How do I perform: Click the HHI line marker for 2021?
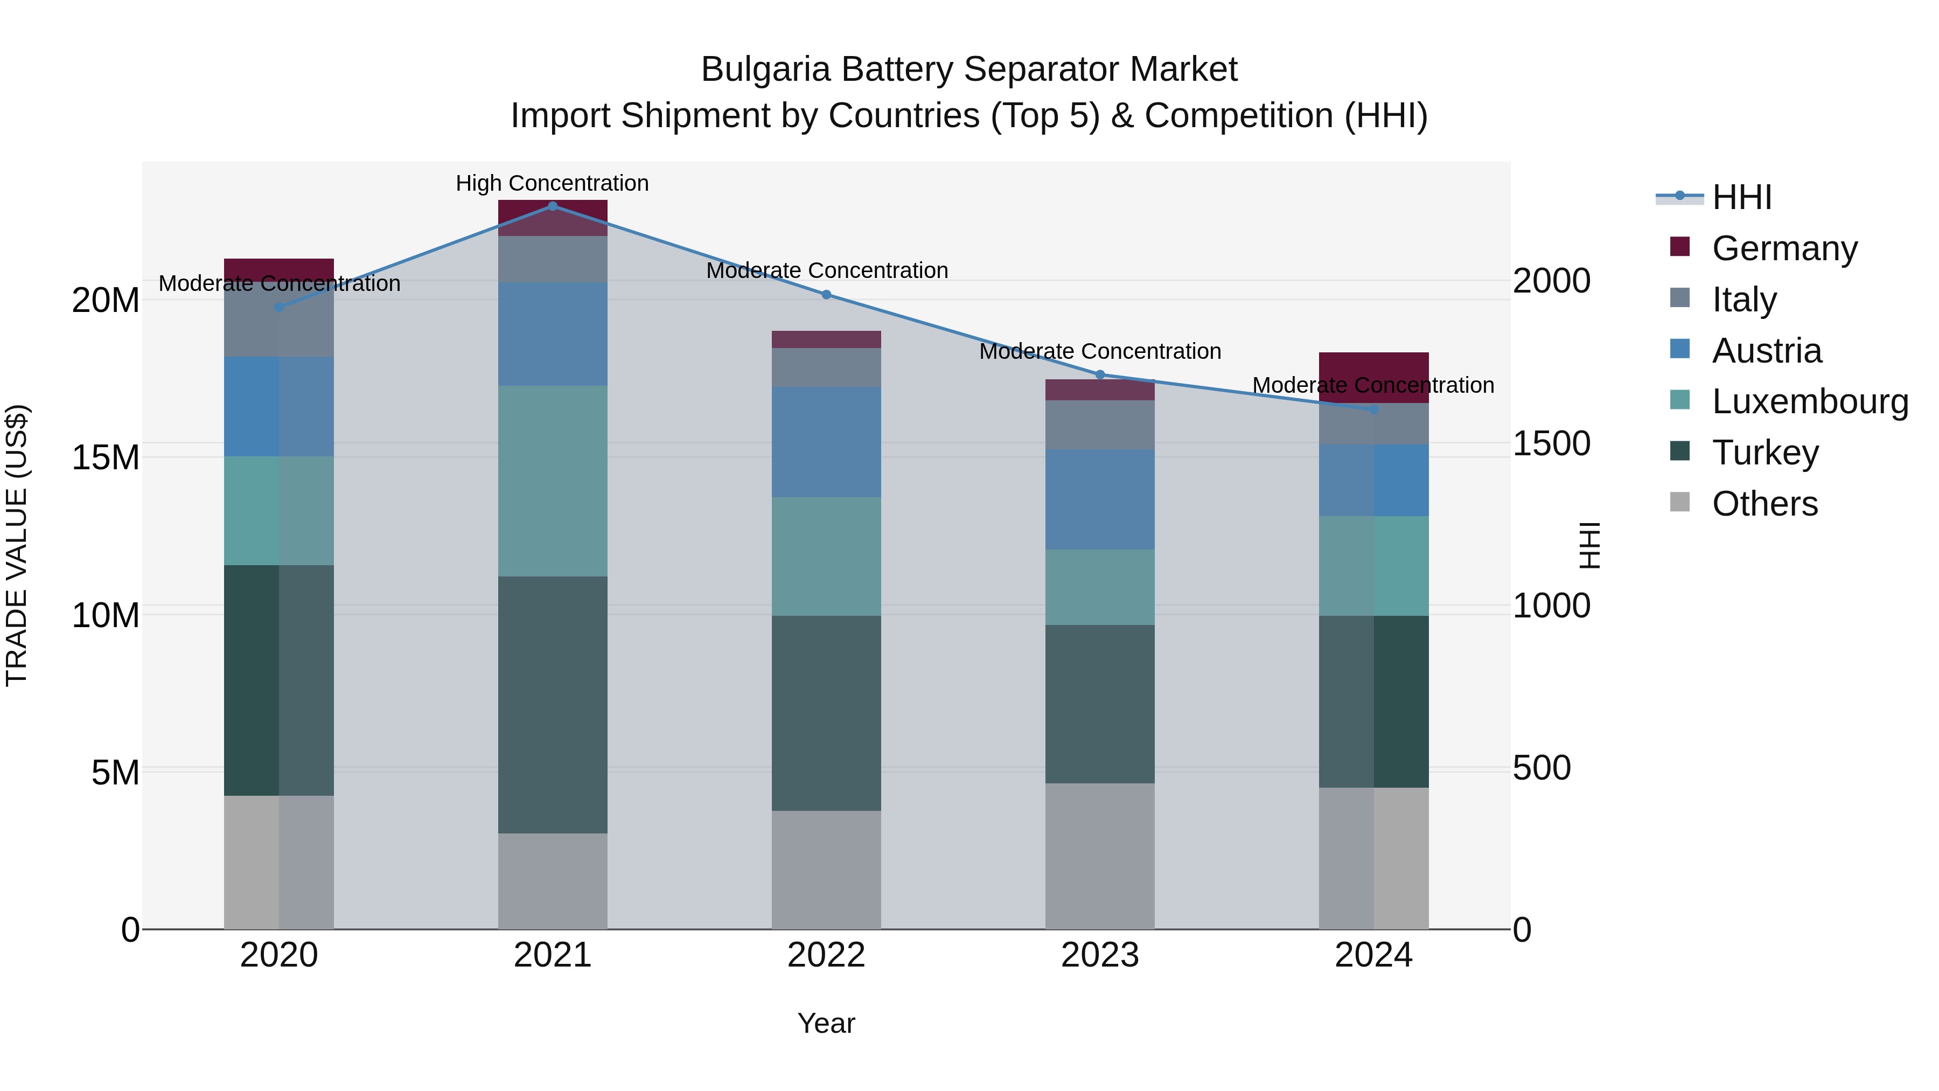tap(553, 206)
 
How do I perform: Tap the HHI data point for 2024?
tap(1373, 409)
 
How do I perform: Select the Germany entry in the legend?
tap(1784, 248)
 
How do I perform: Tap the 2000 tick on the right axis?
tap(1551, 281)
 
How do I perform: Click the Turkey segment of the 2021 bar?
tap(553, 704)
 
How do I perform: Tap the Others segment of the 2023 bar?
tap(1100, 856)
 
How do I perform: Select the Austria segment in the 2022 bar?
tap(826, 442)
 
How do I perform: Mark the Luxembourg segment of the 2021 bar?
tap(553, 481)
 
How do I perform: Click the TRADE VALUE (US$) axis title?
tap(17, 545)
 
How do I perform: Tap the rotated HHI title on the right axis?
tap(1589, 545)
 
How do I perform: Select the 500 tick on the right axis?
tap(1542, 768)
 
